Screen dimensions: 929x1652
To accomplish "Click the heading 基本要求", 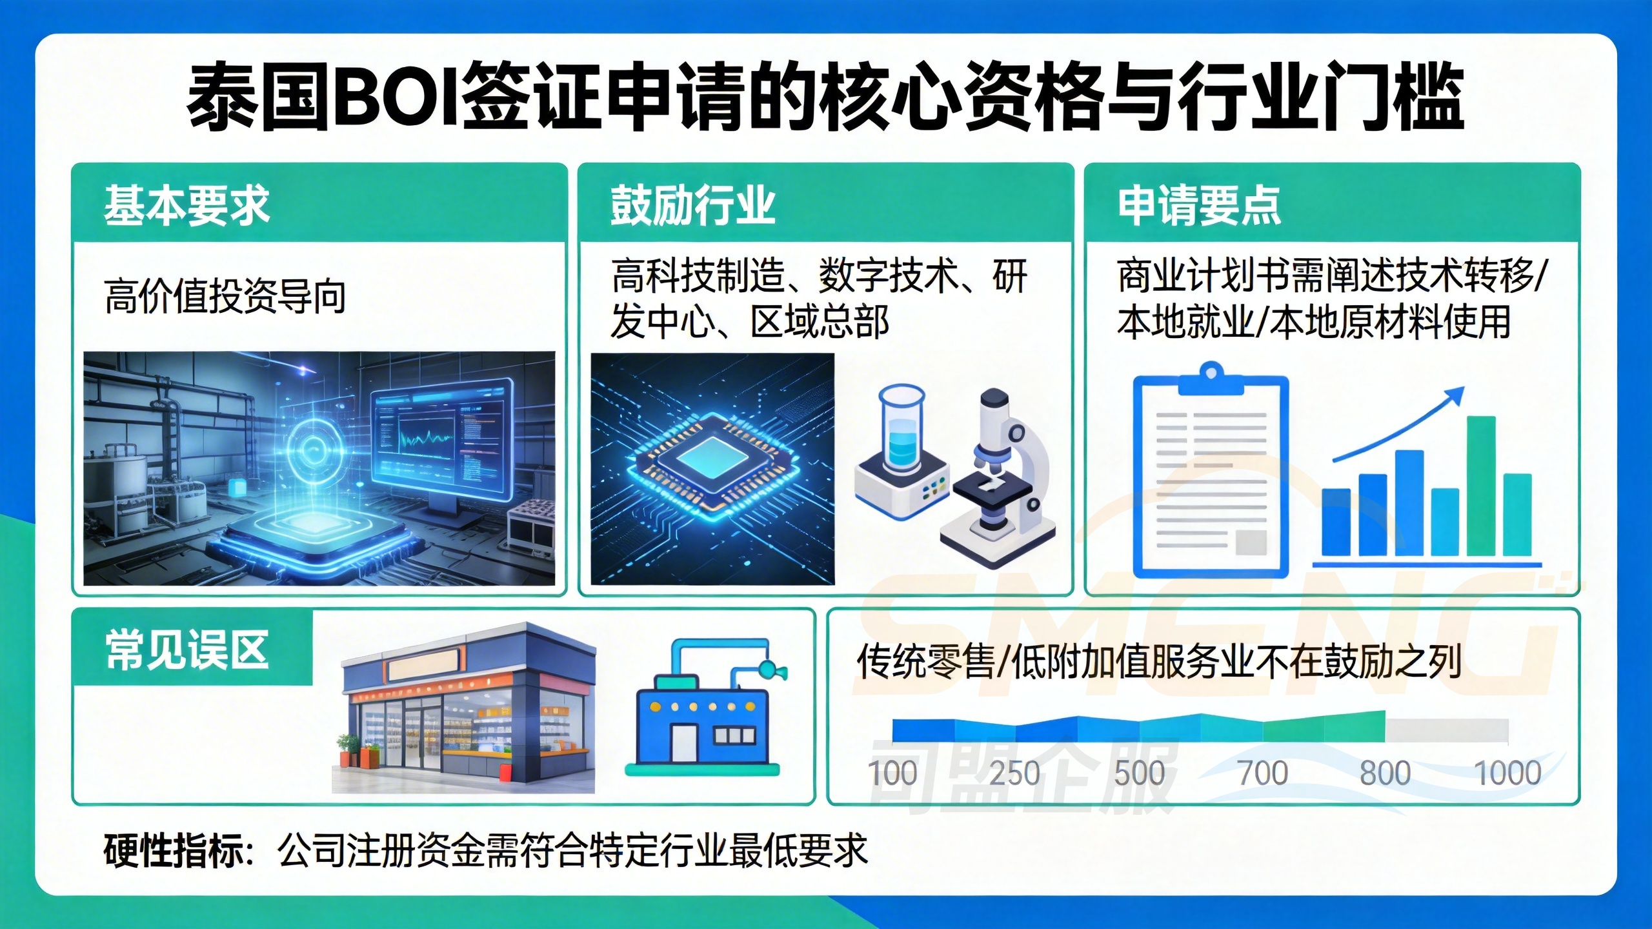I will click(x=186, y=205).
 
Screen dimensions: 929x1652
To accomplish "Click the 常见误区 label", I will click(x=187, y=650).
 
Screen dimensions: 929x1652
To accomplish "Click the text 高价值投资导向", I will click(x=225, y=297).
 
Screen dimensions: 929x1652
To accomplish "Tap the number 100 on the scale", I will click(x=892, y=773).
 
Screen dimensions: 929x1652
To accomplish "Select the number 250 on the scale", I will click(x=1014, y=773).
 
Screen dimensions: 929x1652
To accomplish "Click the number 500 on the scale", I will click(x=1140, y=773).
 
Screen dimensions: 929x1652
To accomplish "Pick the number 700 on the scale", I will click(x=1263, y=773).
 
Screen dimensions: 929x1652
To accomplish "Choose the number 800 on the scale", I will click(x=1385, y=773).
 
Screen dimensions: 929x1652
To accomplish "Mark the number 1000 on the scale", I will click(x=1508, y=773).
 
